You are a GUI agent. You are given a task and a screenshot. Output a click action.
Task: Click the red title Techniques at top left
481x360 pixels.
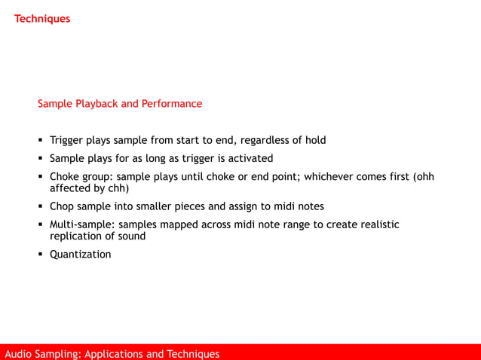[x=42, y=18]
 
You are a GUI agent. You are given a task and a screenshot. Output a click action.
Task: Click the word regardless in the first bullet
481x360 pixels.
[x=265, y=140]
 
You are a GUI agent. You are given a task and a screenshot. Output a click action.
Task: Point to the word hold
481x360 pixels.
[x=314, y=140]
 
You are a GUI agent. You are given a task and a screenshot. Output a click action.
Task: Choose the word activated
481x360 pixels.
[x=249, y=158]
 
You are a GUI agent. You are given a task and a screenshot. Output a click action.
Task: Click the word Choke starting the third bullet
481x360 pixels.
[x=65, y=177]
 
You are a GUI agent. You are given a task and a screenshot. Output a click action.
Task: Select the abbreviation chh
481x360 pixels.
[x=117, y=188]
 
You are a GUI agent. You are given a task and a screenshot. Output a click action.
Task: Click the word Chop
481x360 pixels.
[x=63, y=206]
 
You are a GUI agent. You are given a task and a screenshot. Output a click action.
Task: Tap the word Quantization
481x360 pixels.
[x=80, y=255]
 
